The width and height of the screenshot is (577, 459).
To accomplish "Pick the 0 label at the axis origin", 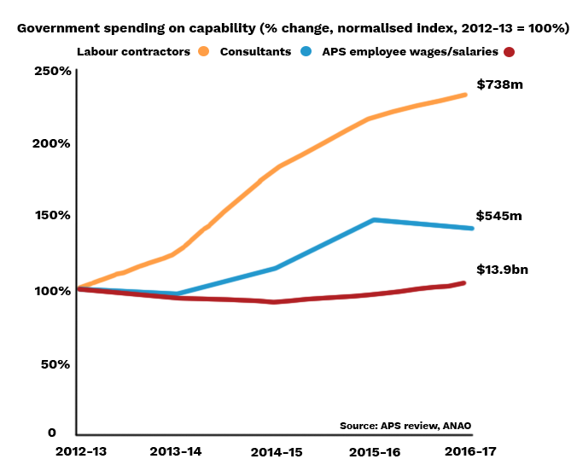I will point(52,433).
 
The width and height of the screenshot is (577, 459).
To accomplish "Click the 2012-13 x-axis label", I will point(79,450).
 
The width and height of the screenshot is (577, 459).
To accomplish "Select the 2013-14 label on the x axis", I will point(176,450).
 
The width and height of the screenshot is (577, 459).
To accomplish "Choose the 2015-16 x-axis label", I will point(374,450).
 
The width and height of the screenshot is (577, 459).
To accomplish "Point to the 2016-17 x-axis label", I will point(469,450).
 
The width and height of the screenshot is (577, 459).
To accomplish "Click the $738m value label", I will point(499,85).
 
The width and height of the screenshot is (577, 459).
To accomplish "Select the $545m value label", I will point(499,216).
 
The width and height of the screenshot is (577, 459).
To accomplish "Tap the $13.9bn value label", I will point(502,270).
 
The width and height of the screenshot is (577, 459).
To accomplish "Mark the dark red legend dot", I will point(510,52).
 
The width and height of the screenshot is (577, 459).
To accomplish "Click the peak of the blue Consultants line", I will point(375,220).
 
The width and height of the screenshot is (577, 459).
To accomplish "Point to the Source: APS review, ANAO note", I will point(405,426).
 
